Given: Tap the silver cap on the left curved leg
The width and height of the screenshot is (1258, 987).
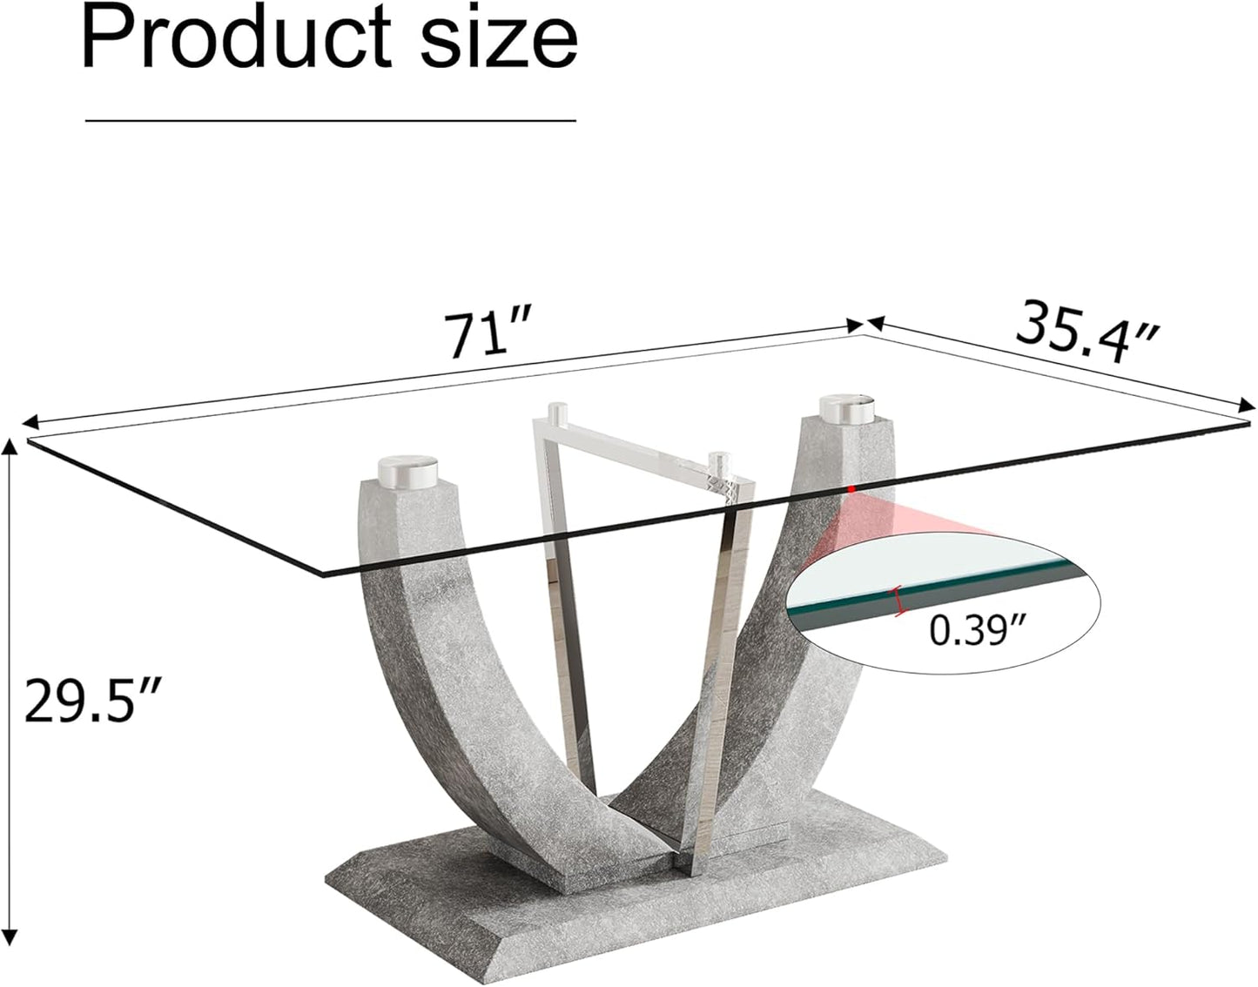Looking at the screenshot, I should click(x=409, y=471).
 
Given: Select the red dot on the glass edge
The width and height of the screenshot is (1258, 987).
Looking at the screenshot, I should click(x=852, y=489).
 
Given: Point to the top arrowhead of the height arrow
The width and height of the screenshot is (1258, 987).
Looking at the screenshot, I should click(x=10, y=446).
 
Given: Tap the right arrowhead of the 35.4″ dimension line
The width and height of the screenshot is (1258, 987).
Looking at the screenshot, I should click(x=1247, y=405).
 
